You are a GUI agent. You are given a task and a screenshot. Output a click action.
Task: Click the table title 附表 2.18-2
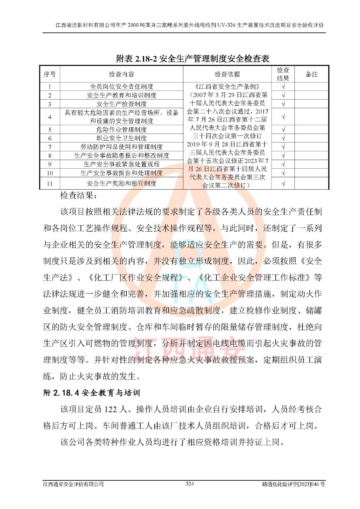pos(193,59)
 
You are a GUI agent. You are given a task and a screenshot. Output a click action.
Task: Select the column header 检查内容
pos(121,74)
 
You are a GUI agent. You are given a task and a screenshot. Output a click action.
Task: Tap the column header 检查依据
pos(227,74)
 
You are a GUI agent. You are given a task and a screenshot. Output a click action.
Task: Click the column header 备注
pos(312,74)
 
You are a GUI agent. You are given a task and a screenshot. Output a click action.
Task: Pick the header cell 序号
pos(50,74)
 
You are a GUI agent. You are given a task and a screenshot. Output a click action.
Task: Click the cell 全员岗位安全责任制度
pos(121,87)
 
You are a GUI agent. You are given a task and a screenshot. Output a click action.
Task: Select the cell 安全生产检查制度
pos(121,104)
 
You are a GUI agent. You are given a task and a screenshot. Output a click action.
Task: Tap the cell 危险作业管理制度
pos(121,129)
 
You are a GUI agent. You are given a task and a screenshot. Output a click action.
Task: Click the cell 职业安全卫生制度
pos(121,138)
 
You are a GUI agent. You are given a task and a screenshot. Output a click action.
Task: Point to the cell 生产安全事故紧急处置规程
pos(121,164)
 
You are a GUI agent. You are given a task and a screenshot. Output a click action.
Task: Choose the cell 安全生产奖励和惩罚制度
pos(121,184)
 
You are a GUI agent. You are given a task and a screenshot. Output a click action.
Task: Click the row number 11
pos(50,184)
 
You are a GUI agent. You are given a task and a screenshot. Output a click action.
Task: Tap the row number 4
pos(50,117)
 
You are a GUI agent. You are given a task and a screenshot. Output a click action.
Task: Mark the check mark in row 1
pos(283,87)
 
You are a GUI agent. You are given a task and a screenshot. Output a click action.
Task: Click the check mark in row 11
pos(283,184)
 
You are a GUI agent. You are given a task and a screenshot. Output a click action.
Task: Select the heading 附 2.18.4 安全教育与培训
pos(91,393)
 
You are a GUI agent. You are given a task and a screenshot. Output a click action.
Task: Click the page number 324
pos(190,484)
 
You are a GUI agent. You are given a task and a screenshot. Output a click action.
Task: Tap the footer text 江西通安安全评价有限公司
pos(74,484)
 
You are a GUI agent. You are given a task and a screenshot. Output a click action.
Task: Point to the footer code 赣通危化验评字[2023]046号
pos(293,484)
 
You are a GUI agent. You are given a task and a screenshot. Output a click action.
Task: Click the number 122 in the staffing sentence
pos(110,409)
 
